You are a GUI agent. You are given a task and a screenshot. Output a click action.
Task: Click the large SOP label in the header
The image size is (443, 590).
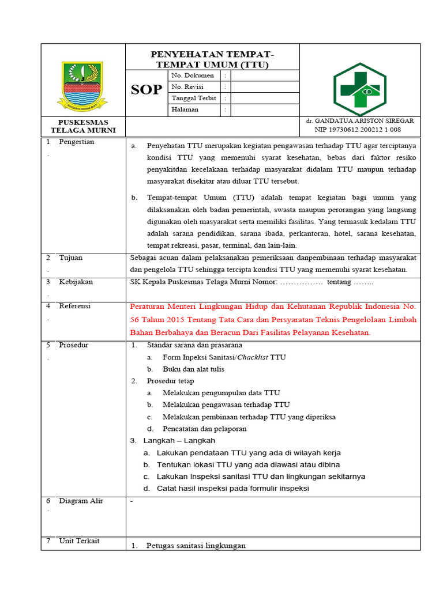coord(147,89)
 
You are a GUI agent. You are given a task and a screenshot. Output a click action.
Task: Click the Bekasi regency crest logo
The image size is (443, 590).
coord(82,85)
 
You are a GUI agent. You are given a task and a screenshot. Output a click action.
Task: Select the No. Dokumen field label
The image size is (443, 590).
coord(192,75)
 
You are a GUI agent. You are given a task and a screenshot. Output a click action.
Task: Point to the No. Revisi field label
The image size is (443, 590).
coord(189,86)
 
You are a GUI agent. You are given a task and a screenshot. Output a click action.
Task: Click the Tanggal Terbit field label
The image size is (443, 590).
coord(193,98)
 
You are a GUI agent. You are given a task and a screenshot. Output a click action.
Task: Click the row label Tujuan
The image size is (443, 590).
coord(71,258)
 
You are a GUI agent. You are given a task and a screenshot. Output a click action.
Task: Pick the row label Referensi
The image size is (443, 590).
coord(75,306)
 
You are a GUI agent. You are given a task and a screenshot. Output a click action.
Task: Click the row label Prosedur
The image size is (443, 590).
coord(74,345)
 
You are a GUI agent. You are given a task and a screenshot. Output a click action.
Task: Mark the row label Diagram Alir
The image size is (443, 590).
coord(81,501)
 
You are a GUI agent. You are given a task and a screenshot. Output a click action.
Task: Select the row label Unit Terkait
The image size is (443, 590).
coord(79,540)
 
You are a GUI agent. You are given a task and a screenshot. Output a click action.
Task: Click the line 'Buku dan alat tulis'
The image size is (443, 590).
coord(193,369)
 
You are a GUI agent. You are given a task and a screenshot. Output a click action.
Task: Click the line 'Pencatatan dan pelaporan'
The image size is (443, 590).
coord(204,429)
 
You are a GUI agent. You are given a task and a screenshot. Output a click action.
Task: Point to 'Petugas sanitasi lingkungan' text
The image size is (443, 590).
coord(196,546)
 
